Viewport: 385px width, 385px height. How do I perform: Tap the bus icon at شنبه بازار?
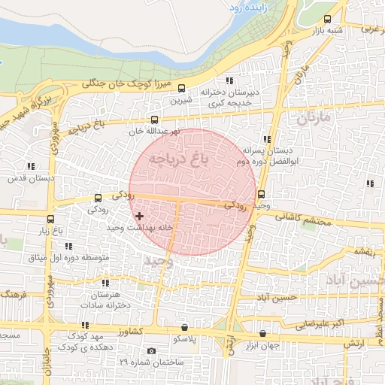pyautogui.click(x=327, y=20)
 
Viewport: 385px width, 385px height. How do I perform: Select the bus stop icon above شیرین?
pyautogui.click(x=181, y=88)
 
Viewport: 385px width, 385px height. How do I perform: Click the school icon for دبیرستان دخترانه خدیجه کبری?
pyautogui.click(x=229, y=80)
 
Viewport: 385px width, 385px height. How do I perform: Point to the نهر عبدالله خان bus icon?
pyautogui.click(x=155, y=120)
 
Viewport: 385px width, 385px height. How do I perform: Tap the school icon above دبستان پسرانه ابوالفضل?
pyautogui.click(x=267, y=139)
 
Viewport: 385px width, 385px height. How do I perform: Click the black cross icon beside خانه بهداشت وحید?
pyautogui.click(x=139, y=216)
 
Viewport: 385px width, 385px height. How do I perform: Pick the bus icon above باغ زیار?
pyautogui.click(x=50, y=220)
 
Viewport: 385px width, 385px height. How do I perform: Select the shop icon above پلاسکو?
pyautogui.click(x=185, y=328)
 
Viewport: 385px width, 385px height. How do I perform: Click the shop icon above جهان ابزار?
pyautogui.click(x=262, y=333)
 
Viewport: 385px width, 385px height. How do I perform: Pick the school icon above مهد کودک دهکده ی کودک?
pyautogui.click(x=85, y=325)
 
